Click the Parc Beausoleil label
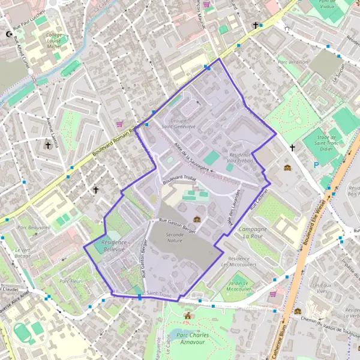pyautogui.click(x=34, y=228)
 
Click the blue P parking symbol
pyautogui.click(x=317, y=165)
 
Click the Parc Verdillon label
pyautogui.click(x=293, y=61)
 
